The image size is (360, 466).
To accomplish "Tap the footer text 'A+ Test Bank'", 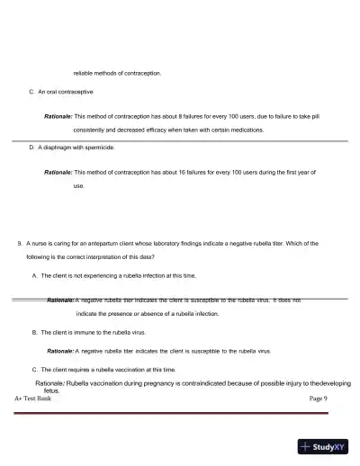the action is point(32,398).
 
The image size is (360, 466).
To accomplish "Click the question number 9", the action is point(19,243).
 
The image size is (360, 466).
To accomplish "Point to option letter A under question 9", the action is point(33,275).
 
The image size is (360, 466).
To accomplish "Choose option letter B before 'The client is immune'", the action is point(33,332).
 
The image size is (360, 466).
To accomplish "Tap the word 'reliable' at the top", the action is point(83,72).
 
